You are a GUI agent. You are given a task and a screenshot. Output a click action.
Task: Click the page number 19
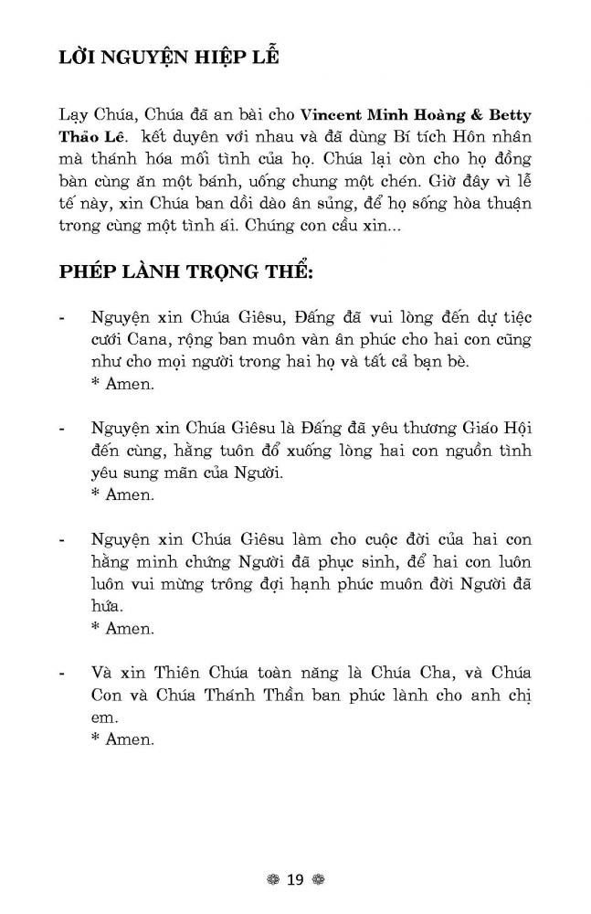295,880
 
